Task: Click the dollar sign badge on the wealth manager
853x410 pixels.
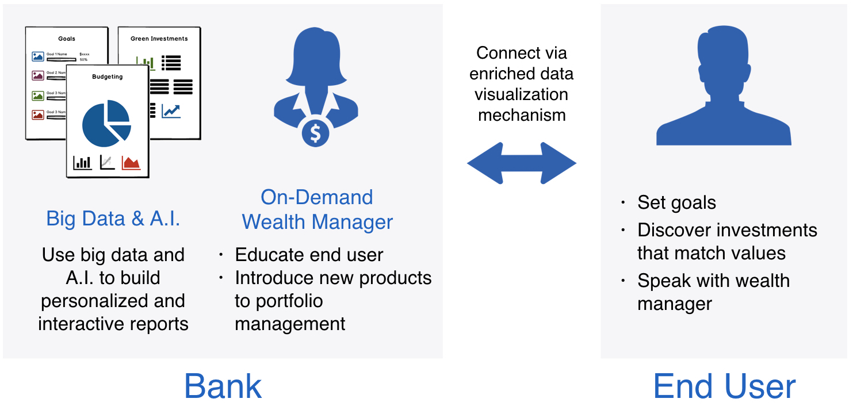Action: (315, 133)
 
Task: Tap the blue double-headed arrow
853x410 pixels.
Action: (522, 164)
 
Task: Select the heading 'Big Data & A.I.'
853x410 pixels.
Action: (113, 219)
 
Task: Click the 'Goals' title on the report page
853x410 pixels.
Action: (67, 39)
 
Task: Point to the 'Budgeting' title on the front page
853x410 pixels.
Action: (108, 76)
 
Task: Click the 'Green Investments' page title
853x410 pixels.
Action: (159, 39)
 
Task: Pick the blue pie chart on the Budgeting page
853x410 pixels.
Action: (106, 123)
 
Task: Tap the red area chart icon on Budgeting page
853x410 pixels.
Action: (131, 163)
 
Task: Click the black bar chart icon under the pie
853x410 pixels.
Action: (82, 163)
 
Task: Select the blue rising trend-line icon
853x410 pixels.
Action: (171, 110)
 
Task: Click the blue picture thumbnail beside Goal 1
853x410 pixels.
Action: (38, 56)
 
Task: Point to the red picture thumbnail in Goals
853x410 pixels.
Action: (38, 114)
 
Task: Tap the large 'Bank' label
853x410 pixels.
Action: (223, 386)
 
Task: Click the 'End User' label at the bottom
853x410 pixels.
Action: (724, 386)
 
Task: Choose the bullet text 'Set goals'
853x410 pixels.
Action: (676, 202)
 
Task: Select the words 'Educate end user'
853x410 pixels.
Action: (309, 255)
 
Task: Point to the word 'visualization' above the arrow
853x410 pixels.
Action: (522, 94)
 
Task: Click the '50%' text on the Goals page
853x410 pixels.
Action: (83, 60)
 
